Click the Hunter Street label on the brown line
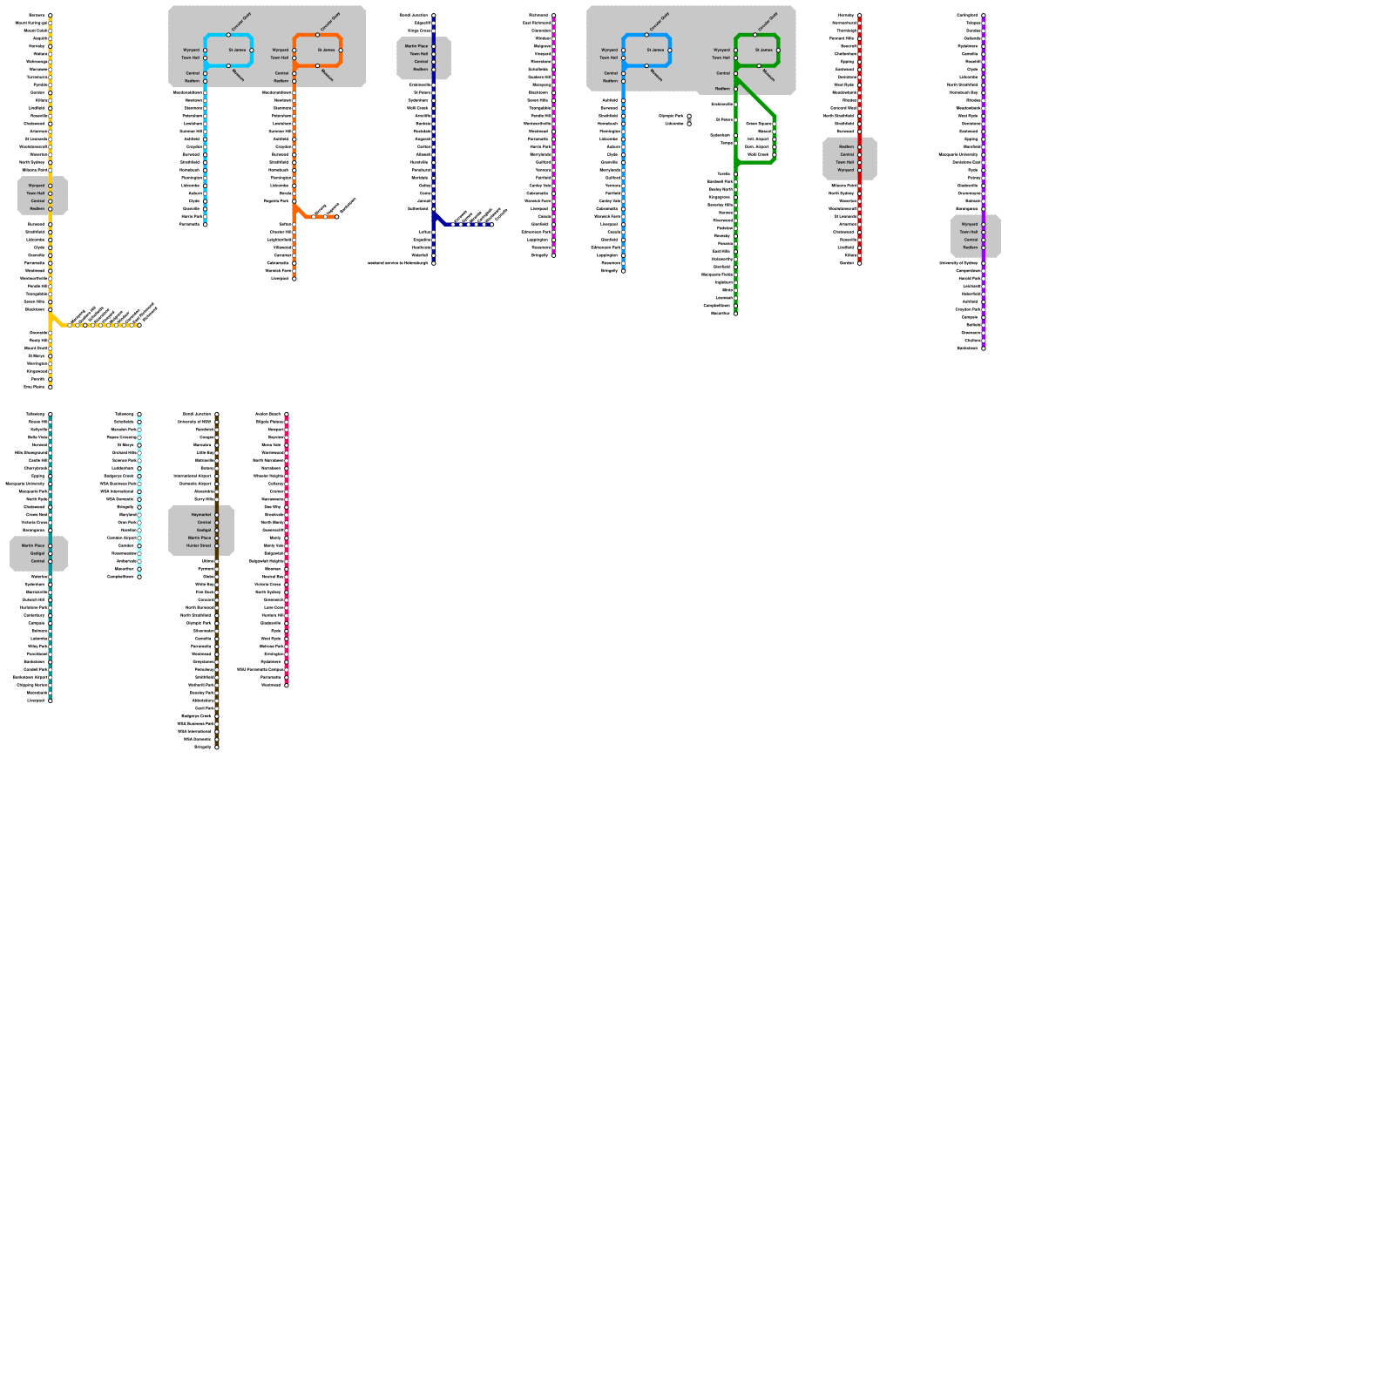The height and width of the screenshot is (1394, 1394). [199, 546]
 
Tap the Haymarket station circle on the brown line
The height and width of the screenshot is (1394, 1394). [217, 515]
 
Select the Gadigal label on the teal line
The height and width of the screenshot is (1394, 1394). [37, 553]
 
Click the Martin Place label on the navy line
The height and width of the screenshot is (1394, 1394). [416, 46]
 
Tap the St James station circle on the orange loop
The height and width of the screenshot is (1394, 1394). [341, 51]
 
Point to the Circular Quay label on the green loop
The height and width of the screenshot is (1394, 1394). [767, 22]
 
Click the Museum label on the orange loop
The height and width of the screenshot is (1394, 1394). [328, 75]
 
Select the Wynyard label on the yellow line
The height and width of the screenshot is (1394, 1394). [37, 186]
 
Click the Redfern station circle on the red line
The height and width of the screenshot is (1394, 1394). [860, 147]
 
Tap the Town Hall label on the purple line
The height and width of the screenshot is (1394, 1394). [969, 232]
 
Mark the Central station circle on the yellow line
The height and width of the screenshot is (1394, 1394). [51, 201]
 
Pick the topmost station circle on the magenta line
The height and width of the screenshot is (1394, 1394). [554, 16]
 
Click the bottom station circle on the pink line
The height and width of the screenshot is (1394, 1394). [287, 685]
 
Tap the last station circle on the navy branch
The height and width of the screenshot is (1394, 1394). [492, 224]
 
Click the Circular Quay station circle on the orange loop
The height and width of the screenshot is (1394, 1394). [318, 35]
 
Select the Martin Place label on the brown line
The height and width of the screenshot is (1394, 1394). [200, 538]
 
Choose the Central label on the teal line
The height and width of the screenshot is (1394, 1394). [37, 561]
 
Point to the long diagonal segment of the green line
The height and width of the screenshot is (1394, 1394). [755, 97]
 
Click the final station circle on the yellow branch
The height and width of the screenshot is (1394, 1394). [139, 325]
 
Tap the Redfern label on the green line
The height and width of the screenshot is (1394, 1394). [723, 89]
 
